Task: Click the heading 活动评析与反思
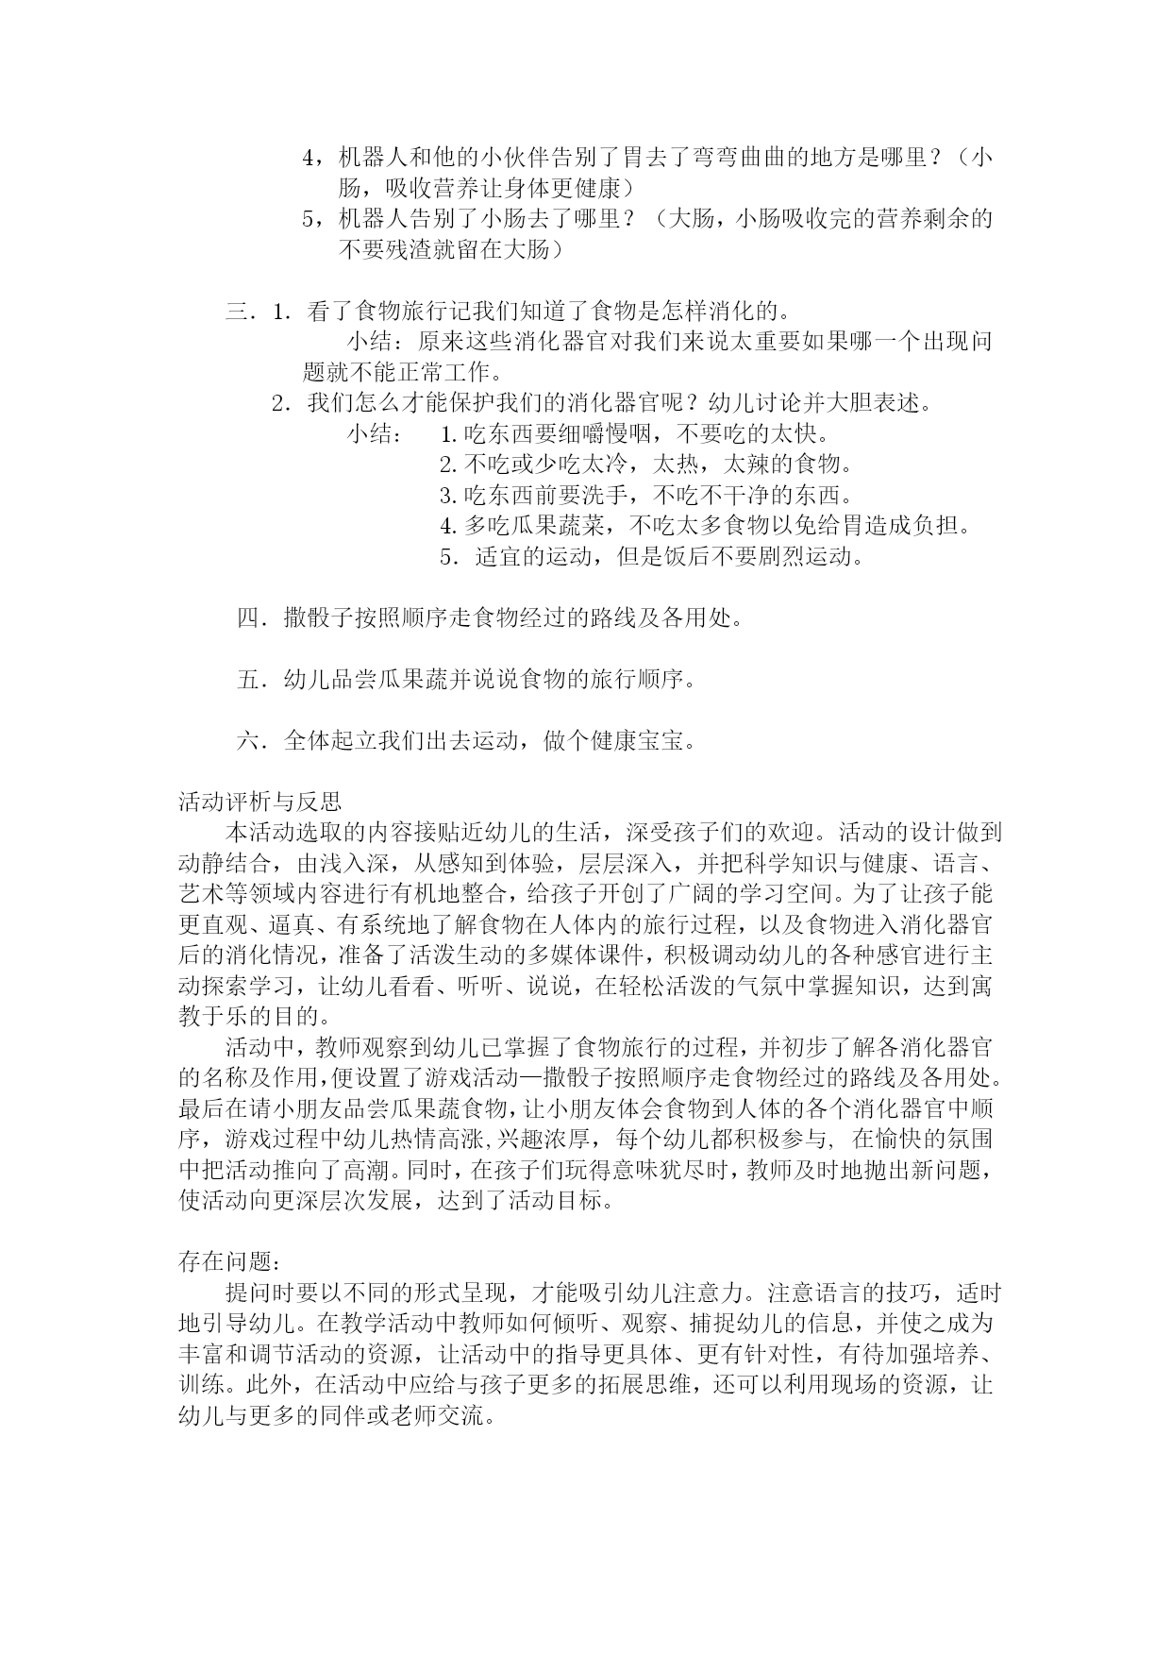[259, 803]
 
